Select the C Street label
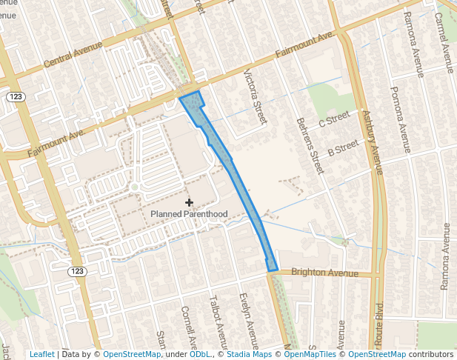point(333,119)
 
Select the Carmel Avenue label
point(447,44)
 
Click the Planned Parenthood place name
point(189,214)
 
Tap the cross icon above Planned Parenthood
point(189,201)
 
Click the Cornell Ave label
point(190,330)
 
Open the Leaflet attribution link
point(41,354)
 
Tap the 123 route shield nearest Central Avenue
point(15,97)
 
